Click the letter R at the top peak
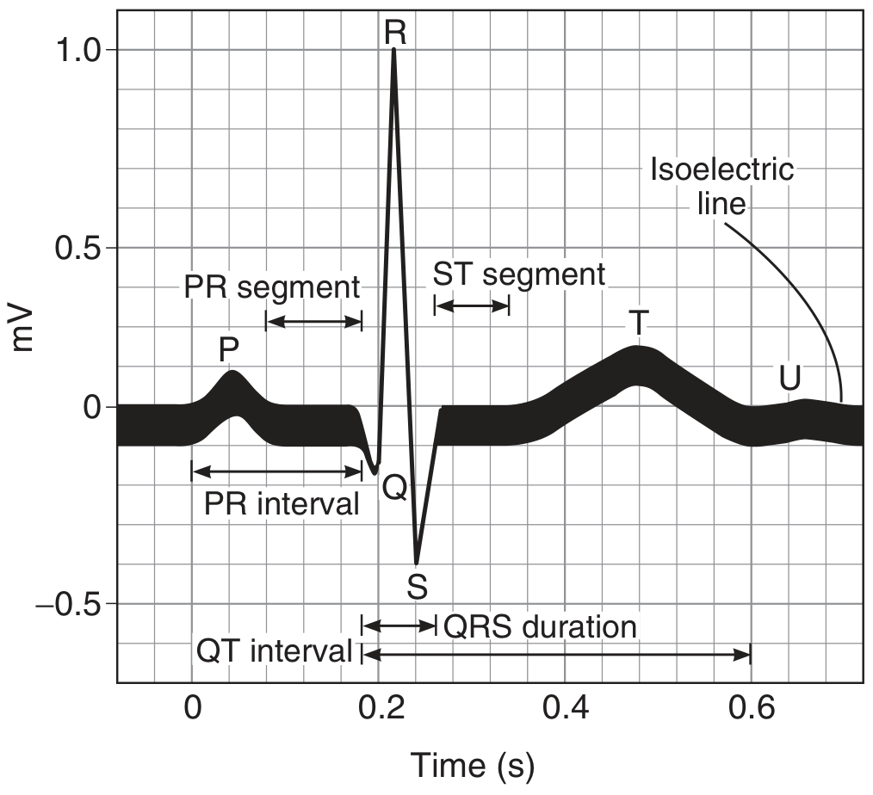pyautogui.click(x=395, y=33)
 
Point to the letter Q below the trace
pyautogui.click(x=394, y=488)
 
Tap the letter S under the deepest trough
pyautogui.click(x=417, y=586)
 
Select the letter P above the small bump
pyautogui.click(x=229, y=349)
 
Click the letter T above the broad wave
pyautogui.click(x=639, y=323)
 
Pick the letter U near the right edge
pyautogui.click(x=789, y=379)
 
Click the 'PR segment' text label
pyautogui.click(x=272, y=288)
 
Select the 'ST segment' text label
pyautogui.click(x=519, y=274)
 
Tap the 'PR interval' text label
pyautogui.click(x=282, y=504)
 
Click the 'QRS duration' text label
pyautogui.click(x=540, y=627)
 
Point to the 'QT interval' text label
pyautogui.click(x=275, y=651)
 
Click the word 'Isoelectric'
pyautogui.click(x=722, y=169)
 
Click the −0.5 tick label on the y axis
pyautogui.click(x=69, y=604)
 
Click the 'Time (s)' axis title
pyautogui.click(x=473, y=766)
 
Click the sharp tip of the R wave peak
pyautogui.click(x=394, y=49)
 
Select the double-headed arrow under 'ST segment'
pyautogui.click(x=472, y=305)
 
